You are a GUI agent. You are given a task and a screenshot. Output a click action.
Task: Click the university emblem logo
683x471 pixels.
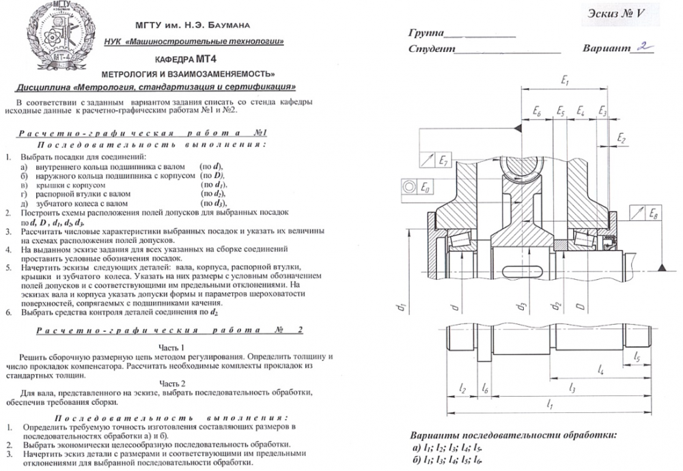tap(56, 39)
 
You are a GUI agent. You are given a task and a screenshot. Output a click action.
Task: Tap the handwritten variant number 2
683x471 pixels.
tap(642, 47)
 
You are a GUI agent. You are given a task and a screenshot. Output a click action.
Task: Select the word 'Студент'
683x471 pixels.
tap(431, 49)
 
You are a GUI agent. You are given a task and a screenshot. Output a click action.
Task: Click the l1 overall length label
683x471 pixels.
tap(550, 405)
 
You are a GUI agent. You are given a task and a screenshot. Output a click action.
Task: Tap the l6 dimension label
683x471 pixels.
tap(484, 388)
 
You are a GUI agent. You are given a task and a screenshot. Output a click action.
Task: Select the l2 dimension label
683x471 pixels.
tap(462, 388)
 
